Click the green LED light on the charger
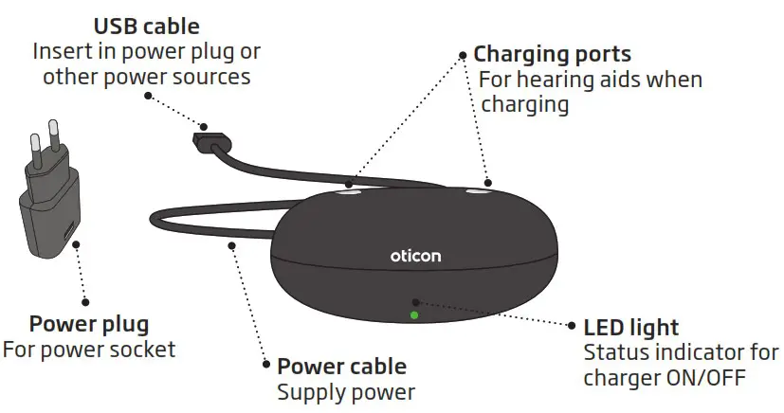click(413, 314)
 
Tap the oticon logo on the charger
click(415, 256)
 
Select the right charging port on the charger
click(481, 191)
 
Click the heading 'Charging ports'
click(552, 54)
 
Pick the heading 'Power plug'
click(88, 324)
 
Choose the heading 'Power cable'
click(341, 366)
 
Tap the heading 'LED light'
click(630, 328)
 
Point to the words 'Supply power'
click(345, 390)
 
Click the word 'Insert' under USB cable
click(59, 49)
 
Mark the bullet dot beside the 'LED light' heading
click(573, 327)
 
